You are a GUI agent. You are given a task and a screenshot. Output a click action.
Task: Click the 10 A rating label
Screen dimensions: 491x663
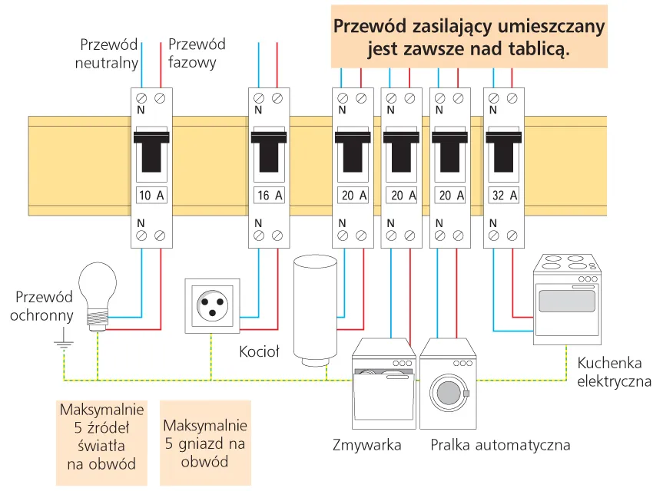pos(151,195)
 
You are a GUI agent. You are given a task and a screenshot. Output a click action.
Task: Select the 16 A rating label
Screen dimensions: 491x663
pos(270,195)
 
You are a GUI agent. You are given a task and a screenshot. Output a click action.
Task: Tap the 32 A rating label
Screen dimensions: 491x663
pos(503,195)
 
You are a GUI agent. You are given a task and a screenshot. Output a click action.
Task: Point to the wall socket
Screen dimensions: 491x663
pos(212,306)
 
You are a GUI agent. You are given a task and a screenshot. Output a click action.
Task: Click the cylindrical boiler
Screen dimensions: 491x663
pos(315,311)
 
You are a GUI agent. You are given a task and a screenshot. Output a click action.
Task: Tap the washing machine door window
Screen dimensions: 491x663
pos(448,392)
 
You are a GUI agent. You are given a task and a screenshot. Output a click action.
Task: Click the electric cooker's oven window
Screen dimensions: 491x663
pos(567,301)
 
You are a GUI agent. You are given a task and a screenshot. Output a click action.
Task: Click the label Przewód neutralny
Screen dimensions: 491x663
pos(107,54)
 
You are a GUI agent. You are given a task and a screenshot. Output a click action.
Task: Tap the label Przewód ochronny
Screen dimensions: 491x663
pos(44,306)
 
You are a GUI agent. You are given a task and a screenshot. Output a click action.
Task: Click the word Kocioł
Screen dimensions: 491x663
pos(259,352)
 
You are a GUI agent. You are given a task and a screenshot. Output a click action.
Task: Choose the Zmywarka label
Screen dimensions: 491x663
pos(367,446)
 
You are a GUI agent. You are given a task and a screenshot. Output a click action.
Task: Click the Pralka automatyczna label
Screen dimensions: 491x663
pos(500,446)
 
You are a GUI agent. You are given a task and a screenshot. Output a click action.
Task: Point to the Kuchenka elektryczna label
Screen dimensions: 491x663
pos(614,372)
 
